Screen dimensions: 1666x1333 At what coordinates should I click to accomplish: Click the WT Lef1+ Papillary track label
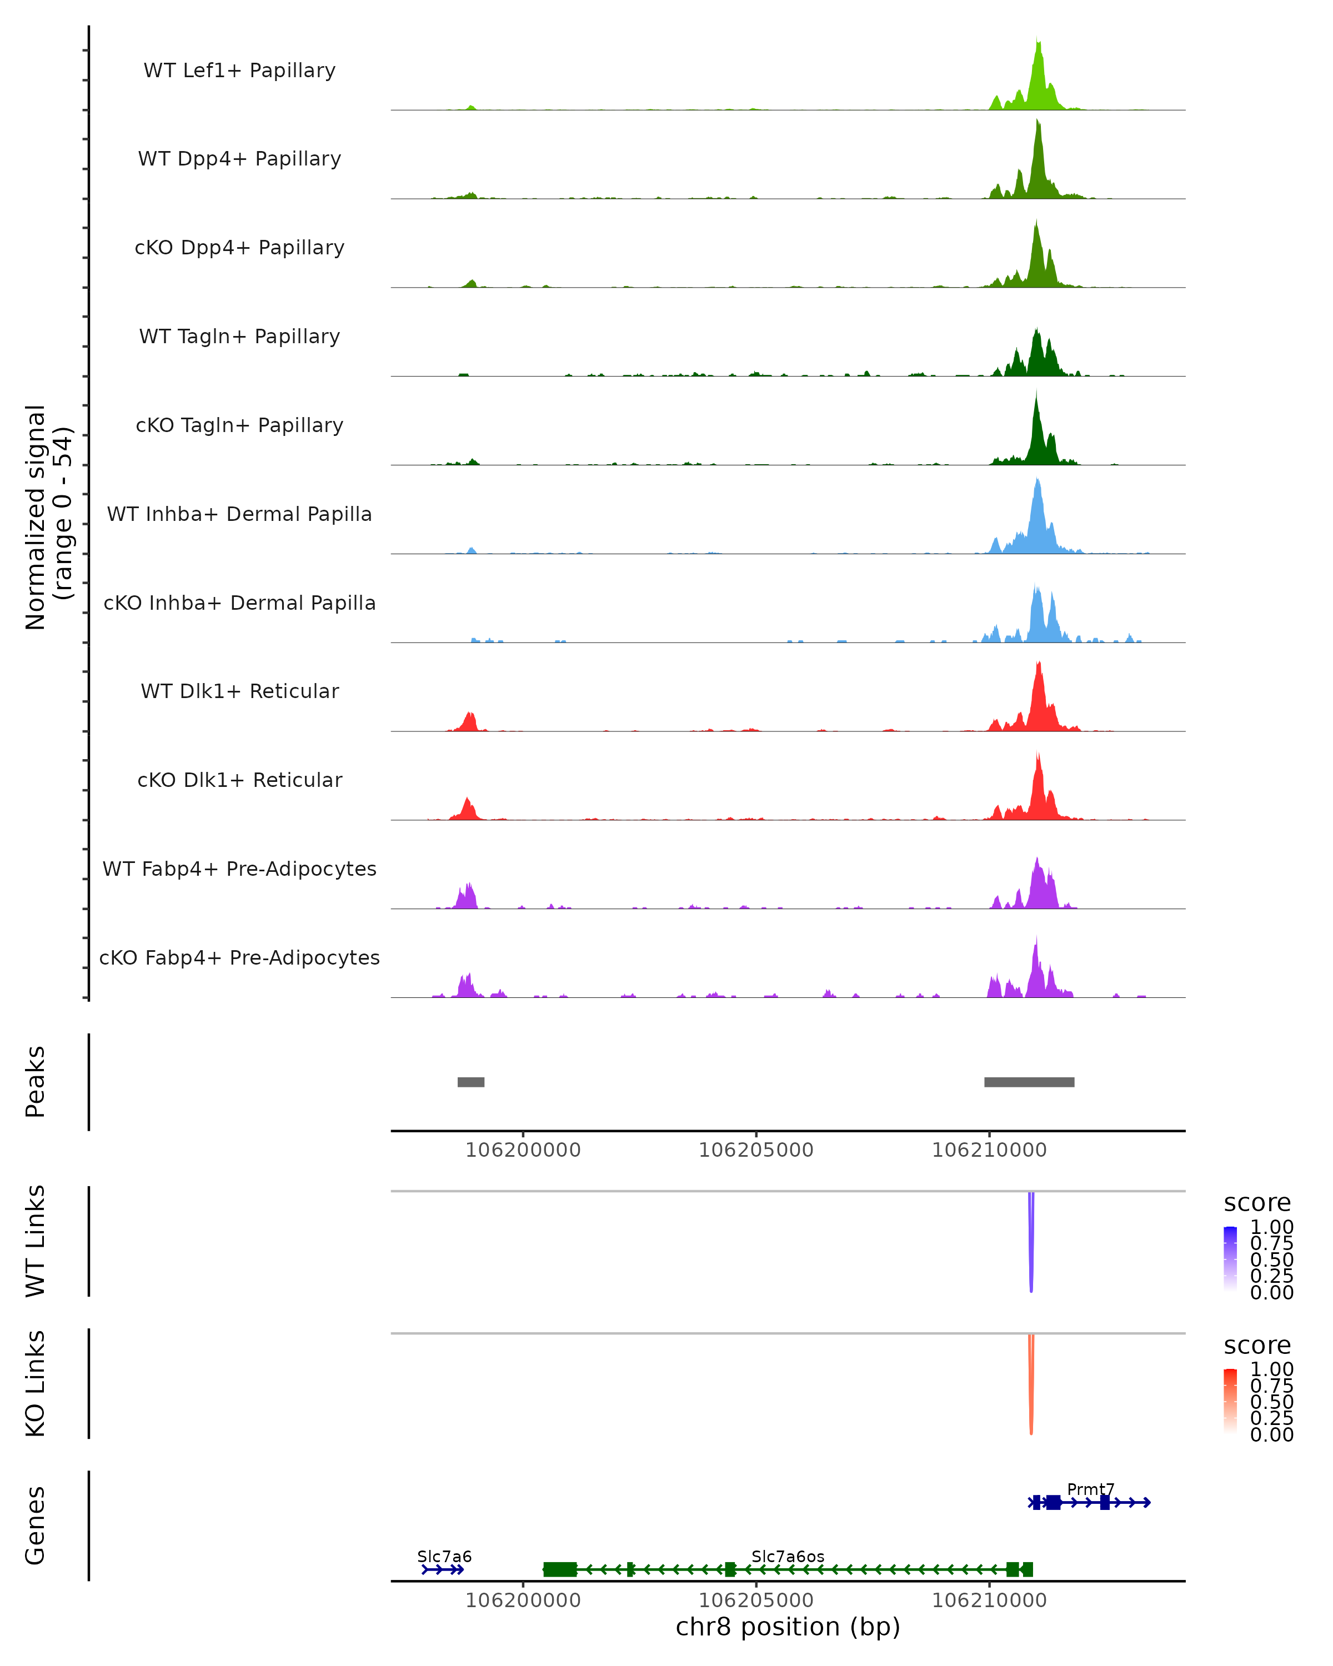click(239, 71)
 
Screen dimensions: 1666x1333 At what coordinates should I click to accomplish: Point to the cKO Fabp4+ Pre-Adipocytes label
click(239, 957)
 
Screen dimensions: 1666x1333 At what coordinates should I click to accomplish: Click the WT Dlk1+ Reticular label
click(239, 691)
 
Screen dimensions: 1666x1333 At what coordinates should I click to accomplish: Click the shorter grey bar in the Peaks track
click(470, 1082)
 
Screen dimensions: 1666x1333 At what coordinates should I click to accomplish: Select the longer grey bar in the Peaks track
click(1029, 1082)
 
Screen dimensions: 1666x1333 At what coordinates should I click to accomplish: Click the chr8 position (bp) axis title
click(788, 1627)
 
